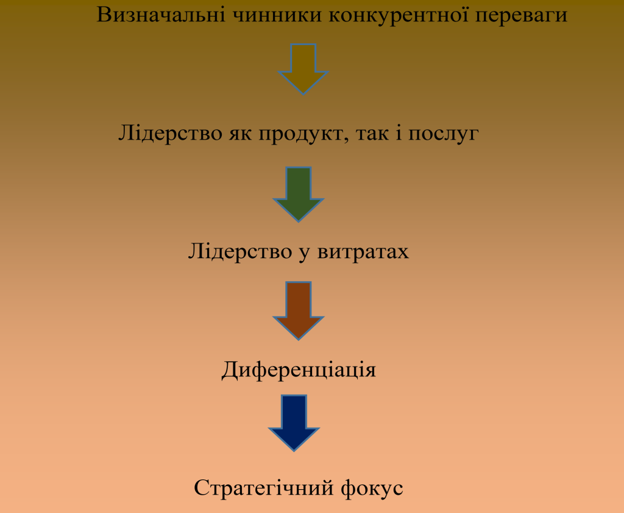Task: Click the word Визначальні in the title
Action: [x=161, y=15]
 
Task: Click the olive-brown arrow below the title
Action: [x=303, y=69]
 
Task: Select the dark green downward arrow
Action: [x=299, y=195]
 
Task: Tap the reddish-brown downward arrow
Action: [x=299, y=310]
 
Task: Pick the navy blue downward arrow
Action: [x=294, y=423]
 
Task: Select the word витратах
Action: [x=363, y=253]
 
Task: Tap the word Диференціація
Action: [x=299, y=370]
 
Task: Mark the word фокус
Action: [x=372, y=489]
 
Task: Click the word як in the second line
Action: [x=240, y=134]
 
